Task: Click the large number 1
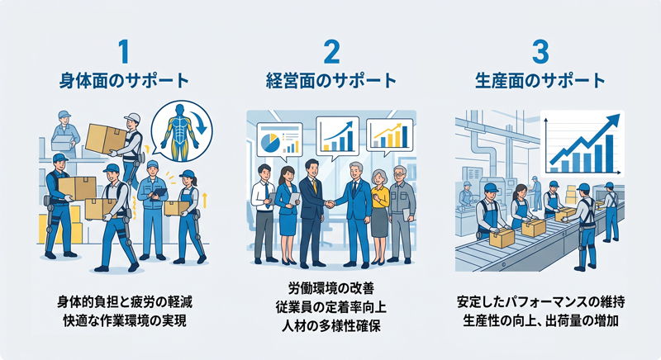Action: [123, 51]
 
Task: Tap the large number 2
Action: [332, 51]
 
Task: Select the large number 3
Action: [540, 51]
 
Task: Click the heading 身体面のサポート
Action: [124, 80]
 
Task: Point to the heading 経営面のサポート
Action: [331, 80]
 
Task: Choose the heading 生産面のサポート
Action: [540, 80]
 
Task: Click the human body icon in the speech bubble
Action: [182, 131]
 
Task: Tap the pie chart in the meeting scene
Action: [270, 142]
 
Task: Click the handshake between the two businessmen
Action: [330, 203]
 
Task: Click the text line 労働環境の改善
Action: [331, 288]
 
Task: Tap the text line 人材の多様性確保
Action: [331, 325]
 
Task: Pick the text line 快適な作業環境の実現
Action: [125, 320]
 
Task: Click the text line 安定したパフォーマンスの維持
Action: [540, 302]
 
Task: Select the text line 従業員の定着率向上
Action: [331, 307]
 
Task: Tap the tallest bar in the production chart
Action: [609, 154]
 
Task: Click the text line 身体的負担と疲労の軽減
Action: [125, 302]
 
